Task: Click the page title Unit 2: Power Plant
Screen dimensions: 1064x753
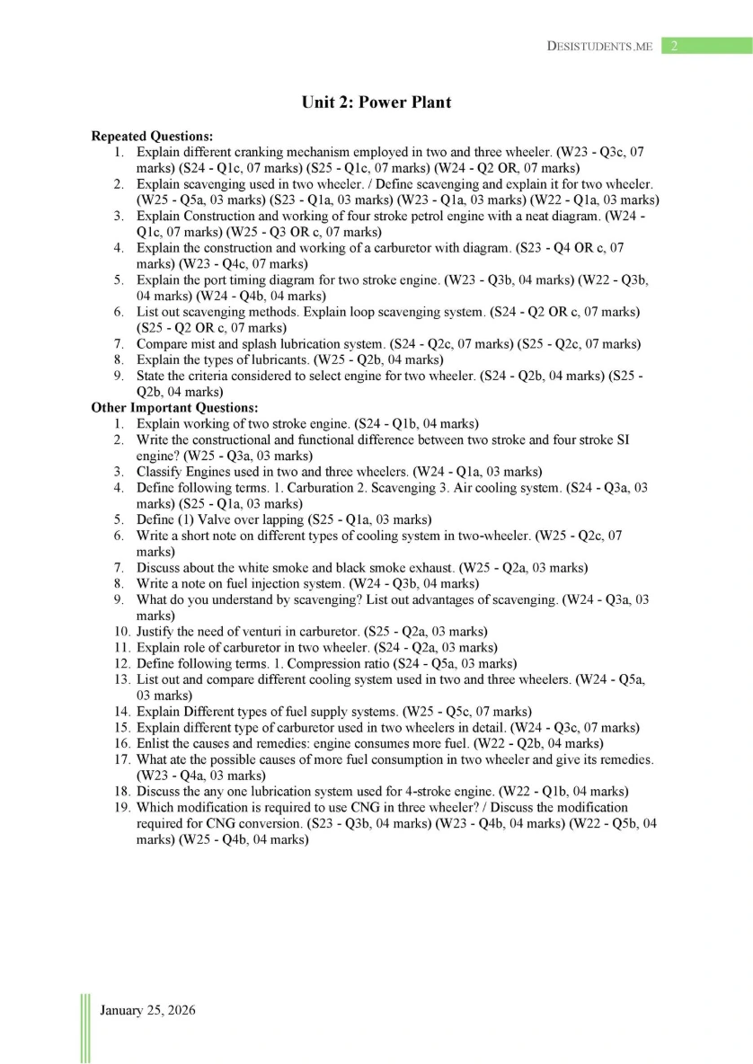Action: (x=376, y=102)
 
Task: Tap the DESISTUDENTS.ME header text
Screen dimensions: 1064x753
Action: (x=599, y=46)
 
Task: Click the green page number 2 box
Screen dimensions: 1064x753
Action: (x=672, y=46)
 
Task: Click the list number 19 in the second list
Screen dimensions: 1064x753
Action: (x=122, y=807)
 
